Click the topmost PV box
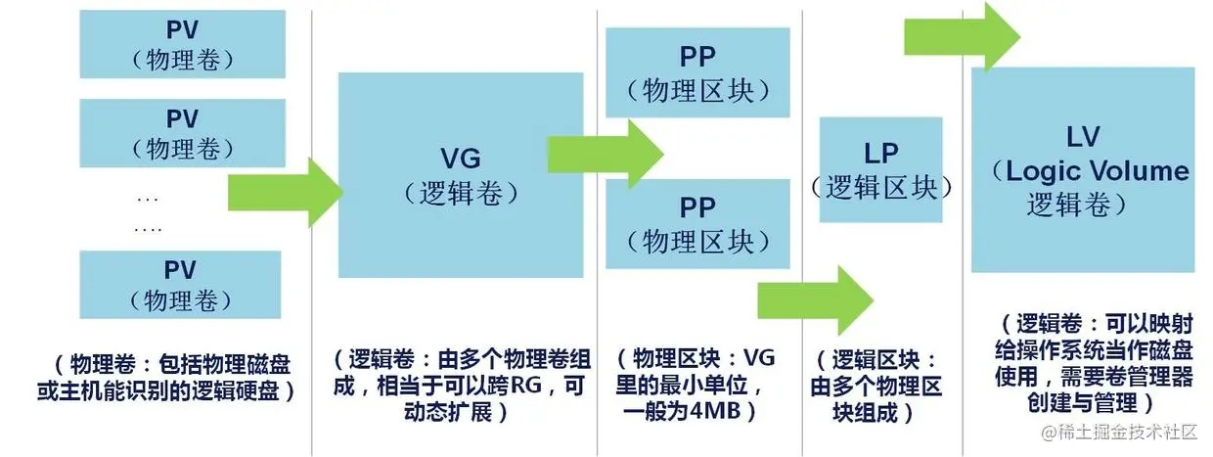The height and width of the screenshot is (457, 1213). coord(181,45)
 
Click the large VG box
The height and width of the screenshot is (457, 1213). coord(460,174)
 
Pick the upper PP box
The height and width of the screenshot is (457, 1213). coord(697,73)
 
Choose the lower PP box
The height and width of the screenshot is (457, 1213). coord(697,223)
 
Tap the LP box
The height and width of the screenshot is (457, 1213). coord(880,169)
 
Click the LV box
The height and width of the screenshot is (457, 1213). coord(1083,169)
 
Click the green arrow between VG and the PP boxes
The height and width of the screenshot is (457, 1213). coord(606,154)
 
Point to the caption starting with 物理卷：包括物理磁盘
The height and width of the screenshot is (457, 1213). coord(181,378)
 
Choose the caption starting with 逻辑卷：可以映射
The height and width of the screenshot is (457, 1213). coord(1083,363)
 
